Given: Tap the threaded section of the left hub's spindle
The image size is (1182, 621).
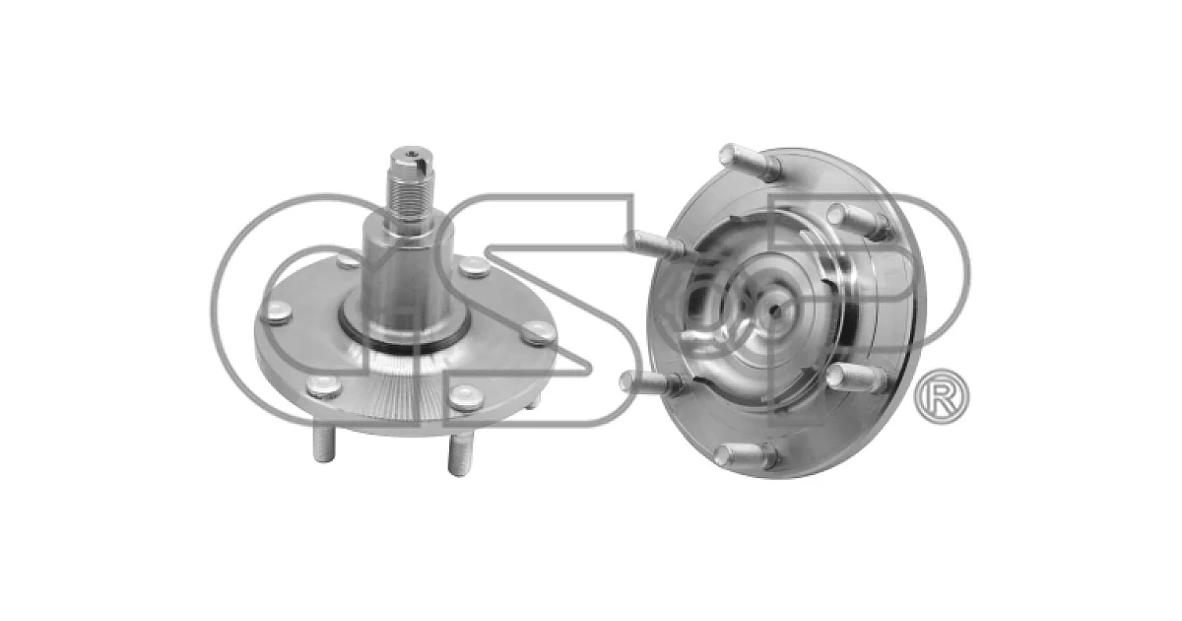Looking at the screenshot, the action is (x=410, y=195).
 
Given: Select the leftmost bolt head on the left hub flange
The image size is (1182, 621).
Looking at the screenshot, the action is (x=277, y=311).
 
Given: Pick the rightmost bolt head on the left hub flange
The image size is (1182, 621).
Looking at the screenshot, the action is (x=539, y=332).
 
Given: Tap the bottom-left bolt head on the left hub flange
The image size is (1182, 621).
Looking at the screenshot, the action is (x=324, y=387).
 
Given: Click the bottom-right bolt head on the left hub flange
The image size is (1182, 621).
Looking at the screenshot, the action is (x=466, y=397).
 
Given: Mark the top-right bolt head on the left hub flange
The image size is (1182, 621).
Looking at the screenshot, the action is (x=474, y=267).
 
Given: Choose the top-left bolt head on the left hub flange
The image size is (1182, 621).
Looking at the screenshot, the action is (x=349, y=261).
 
